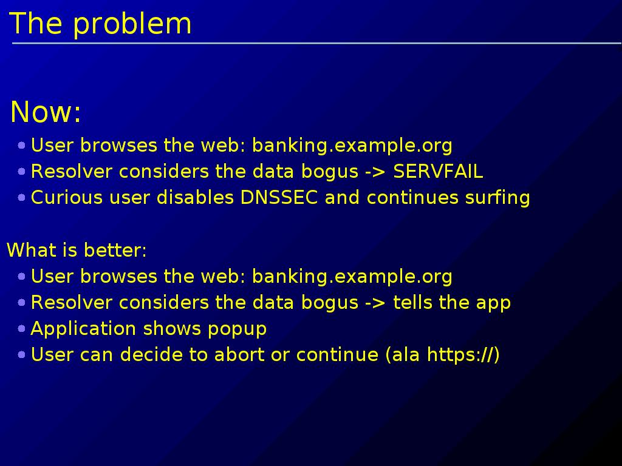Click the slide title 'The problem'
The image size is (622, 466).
pyautogui.click(x=100, y=24)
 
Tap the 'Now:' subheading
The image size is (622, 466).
pyautogui.click(x=46, y=112)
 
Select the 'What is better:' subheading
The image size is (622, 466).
pyautogui.click(x=77, y=251)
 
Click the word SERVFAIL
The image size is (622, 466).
pyautogui.click(x=438, y=172)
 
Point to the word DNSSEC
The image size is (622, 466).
pyautogui.click(x=279, y=197)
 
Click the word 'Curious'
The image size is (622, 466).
pyautogui.click(x=67, y=197)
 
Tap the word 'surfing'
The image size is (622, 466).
pyautogui.click(x=497, y=198)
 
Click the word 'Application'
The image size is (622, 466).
pyautogui.click(x=84, y=329)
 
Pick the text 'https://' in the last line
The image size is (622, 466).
pyautogui.click(x=459, y=354)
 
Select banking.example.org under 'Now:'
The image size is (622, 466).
pyautogui.click(x=352, y=146)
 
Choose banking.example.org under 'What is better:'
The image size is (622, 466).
pyautogui.click(x=352, y=277)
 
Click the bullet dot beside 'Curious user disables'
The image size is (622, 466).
pyautogui.click(x=22, y=197)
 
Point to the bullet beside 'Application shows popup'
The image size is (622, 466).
pyautogui.click(x=22, y=328)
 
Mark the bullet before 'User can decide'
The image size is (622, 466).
pyautogui.click(x=22, y=354)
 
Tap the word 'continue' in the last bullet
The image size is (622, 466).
pyautogui.click(x=337, y=354)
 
